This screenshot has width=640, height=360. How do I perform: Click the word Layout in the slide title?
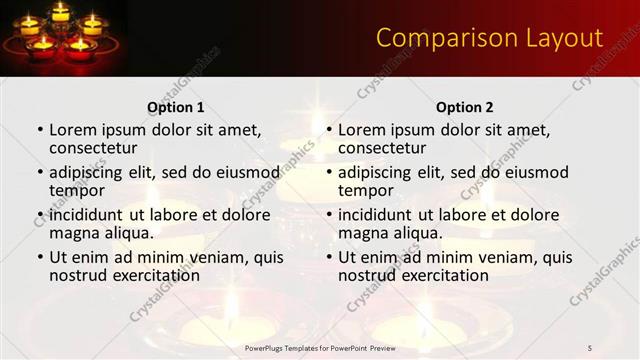559,38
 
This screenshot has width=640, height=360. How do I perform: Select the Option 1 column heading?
176,107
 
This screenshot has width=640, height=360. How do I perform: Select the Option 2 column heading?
465,107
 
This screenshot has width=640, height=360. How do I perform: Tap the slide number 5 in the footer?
590,347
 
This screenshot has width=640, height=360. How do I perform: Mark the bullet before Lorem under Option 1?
40,130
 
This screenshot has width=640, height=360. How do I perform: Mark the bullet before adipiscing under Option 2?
329,172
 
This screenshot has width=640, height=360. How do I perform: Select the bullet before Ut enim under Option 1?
40,257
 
